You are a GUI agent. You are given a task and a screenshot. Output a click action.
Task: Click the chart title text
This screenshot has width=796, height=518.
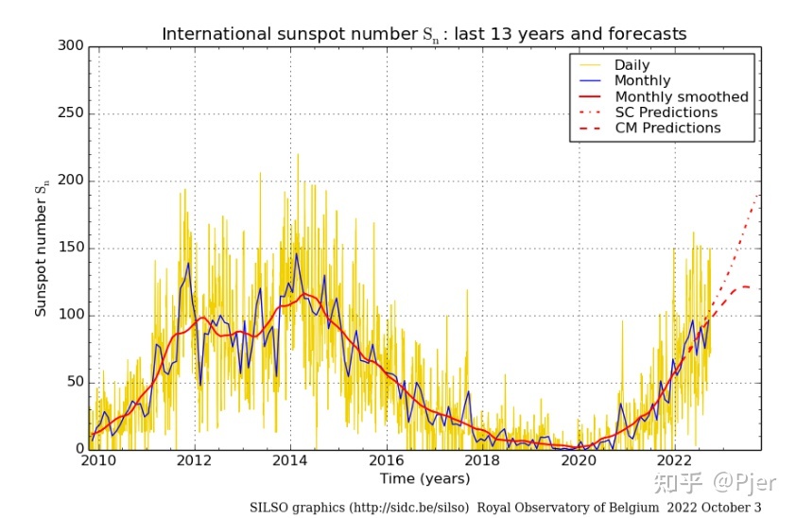pos(424,35)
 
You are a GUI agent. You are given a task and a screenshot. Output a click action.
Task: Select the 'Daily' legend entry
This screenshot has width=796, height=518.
pos(632,65)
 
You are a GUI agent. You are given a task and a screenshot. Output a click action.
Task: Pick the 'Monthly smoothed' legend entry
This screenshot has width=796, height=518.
pos(681,96)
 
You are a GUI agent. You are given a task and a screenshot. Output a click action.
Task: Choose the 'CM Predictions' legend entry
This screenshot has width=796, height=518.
pos(667,128)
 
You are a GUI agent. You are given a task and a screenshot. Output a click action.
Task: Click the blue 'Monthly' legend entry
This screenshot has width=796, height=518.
pos(642,81)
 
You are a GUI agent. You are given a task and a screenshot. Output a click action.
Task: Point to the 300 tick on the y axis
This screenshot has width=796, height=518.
pos(71,45)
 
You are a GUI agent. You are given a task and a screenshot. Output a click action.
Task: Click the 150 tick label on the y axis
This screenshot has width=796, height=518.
pos(71,248)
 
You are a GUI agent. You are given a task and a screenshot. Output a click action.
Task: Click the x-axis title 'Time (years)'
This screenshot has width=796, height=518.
pos(424,479)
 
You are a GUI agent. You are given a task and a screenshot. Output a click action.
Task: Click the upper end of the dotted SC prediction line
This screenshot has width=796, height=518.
pos(758,195)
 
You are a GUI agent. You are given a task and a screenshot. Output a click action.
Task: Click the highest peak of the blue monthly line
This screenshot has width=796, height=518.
pos(296,253)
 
